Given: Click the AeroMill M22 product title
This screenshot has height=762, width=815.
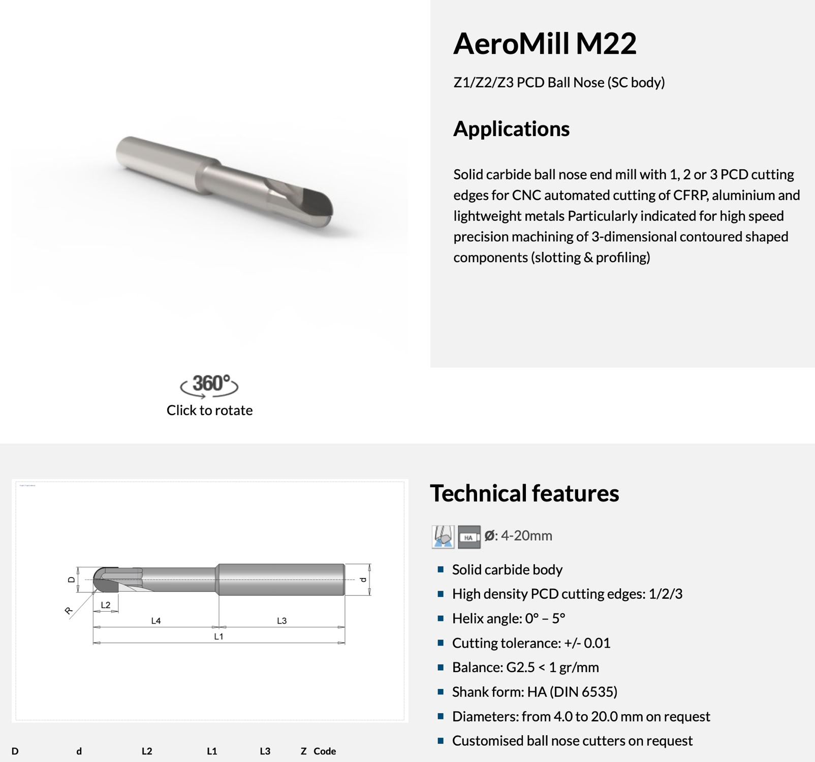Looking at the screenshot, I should click(x=544, y=44).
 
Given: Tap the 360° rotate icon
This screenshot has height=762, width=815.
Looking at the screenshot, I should click(x=209, y=385).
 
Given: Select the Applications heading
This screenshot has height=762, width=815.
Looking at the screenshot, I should click(x=511, y=129).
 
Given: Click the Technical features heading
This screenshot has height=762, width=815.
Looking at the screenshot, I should click(x=524, y=493).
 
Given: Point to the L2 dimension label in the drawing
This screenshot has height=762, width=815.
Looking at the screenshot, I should click(x=106, y=605).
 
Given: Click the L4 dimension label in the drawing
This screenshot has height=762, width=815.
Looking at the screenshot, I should click(x=156, y=621).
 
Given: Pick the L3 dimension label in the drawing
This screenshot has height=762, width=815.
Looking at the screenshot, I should click(x=282, y=621).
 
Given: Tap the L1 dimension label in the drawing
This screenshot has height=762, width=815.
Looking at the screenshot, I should click(x=218, y=637).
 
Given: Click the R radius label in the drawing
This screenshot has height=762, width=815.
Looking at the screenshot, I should click(x=69, y=611).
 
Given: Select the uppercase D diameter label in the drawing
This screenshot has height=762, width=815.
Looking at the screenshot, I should click(x=72, y=580).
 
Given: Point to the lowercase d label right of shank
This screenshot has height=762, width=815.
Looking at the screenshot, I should click(x=363, y=580).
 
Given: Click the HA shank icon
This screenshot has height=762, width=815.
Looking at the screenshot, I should click(x=468, y=537).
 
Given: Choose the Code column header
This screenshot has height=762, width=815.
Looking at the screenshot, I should click(x=325, y=751).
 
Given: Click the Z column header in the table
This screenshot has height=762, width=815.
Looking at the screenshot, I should click(x=303, y=751).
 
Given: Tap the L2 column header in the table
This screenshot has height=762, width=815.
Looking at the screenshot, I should click(x=147, y=751).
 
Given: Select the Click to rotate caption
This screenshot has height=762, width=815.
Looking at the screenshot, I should click(x=209, y=410).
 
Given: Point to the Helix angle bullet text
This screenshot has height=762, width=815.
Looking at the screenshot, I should click(x=508, y=618).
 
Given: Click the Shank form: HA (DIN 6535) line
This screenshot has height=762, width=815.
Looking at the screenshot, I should click(x=535, y=692).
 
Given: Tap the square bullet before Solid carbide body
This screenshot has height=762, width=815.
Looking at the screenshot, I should click(x=441, y=569).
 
